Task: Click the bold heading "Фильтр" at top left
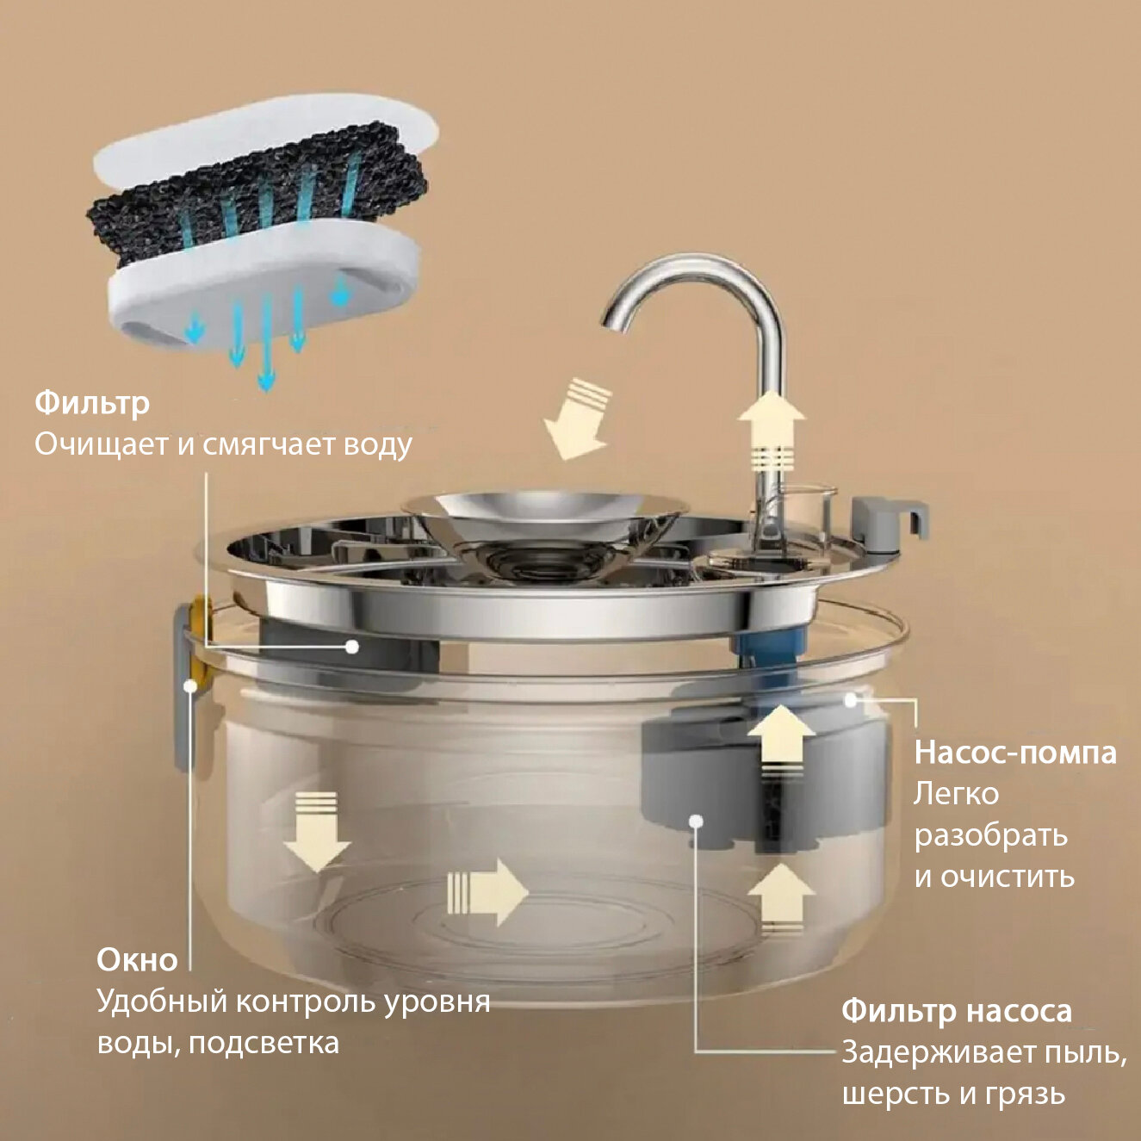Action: pyautogui.click(x=92, y=402)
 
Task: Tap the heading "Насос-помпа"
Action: pyautogui.click(x=1014, y=753)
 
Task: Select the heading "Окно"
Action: pyautogui.click(x=137, y=959)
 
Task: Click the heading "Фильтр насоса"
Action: pyautogui.click(x=956, y=1010)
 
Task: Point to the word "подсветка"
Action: pyautogui.click(x=264, y=1043)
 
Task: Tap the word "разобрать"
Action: pyautogui.click(x=990, y=834)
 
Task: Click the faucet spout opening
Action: pyautogui.click(x=617, y=321)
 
